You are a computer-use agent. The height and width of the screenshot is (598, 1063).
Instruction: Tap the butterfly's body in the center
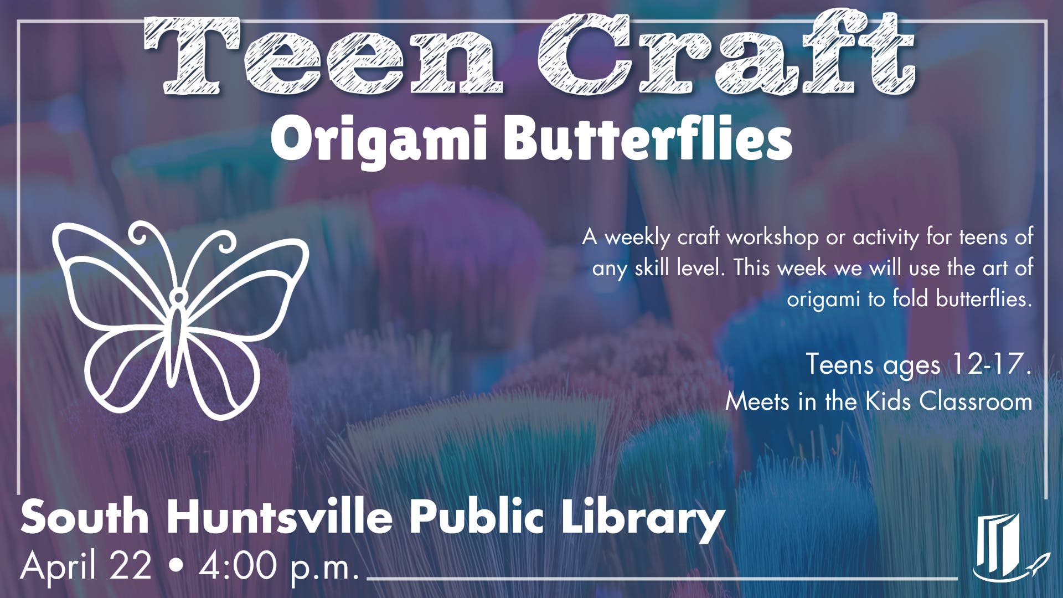pyautogui.click(x=177, y=332)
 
